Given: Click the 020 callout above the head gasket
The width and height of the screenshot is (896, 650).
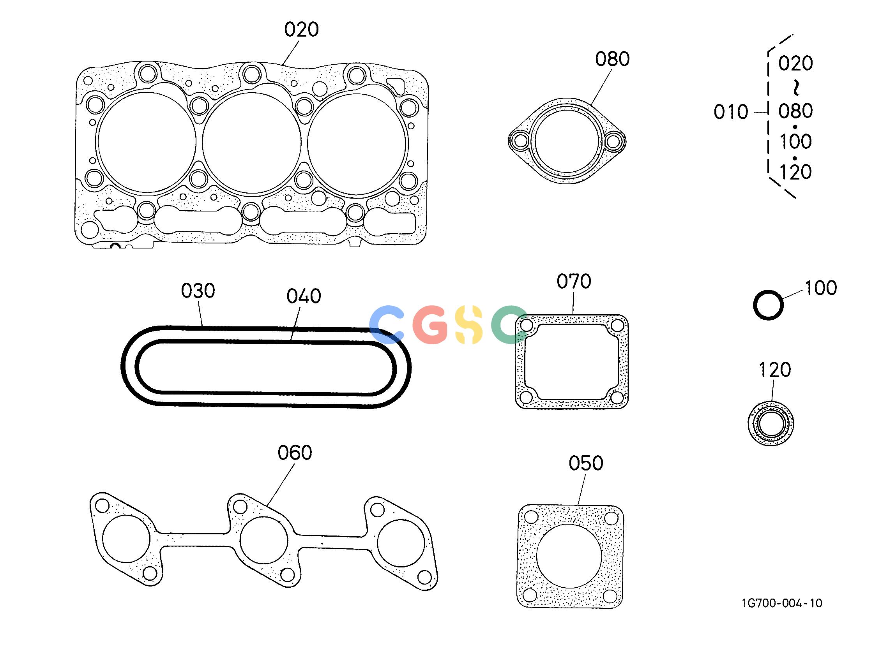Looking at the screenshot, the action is pos(301,30).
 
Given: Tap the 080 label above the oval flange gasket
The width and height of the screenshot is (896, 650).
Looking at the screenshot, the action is pos(612,59).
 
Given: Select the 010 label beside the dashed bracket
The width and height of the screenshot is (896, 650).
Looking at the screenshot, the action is pos(731,112).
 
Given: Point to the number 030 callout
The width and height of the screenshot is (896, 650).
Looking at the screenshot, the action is pos(198,291).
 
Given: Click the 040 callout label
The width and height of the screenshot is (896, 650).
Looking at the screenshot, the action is pos(304,296).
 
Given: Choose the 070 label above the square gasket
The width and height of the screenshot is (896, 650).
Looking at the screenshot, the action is pos(574,282).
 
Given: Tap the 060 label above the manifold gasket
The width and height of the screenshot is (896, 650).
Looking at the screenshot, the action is pos(295,453).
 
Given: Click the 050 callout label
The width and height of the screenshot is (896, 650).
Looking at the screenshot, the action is pos(586,463).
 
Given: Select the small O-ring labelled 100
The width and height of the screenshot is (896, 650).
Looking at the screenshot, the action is pos(768,291).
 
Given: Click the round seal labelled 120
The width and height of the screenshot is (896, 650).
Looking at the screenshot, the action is pos(771,424).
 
